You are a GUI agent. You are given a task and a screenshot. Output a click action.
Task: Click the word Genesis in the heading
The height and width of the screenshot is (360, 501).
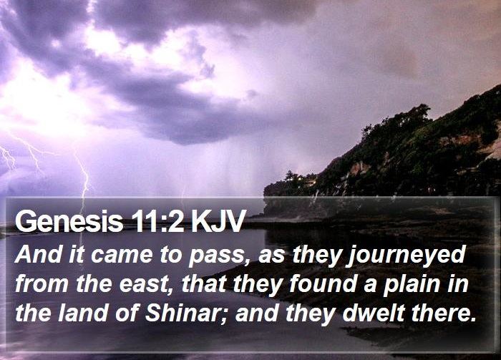click(x=69, y=220)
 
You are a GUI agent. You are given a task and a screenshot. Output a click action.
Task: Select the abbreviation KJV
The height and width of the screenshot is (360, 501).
click(x=218, y=220)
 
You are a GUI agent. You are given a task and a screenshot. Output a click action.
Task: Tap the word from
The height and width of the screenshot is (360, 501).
click(x=42, y=284)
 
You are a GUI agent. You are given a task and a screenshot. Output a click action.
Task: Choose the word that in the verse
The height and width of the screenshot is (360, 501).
click(x=205, y=283)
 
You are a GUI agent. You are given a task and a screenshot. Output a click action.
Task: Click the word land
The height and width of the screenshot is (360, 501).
click(x=82, y=313)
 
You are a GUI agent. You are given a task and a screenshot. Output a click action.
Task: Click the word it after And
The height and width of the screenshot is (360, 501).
click(x=77, y=255)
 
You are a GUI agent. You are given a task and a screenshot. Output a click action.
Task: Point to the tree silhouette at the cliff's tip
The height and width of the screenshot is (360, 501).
click(x=289, y=176)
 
